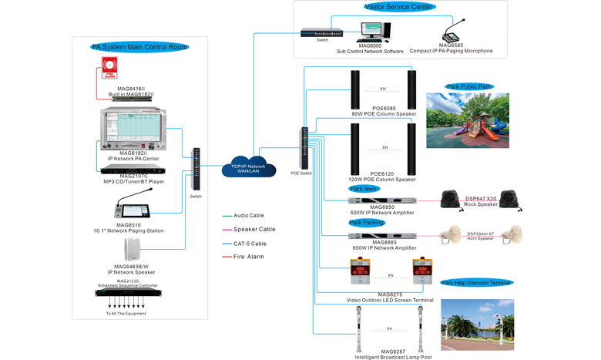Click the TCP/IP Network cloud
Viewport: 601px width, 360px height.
pyautogui.click(x=248, y=166)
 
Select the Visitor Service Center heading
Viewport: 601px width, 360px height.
pyautogui.click(x=399, y=7)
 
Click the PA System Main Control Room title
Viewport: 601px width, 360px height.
pyautogui.click(x=139, y=47)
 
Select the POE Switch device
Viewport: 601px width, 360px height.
pyautogui.click(x=304, y=148)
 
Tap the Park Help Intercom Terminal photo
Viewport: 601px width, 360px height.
pyautogui.click(x=477, y=325)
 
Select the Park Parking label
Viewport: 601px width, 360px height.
pyautogui.click(x=367, y=223)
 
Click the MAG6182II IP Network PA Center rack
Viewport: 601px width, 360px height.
pyautogui.click(x=133, y=129)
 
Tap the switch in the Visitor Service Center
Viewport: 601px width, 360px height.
pyautogui.click(x=322, y=33)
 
